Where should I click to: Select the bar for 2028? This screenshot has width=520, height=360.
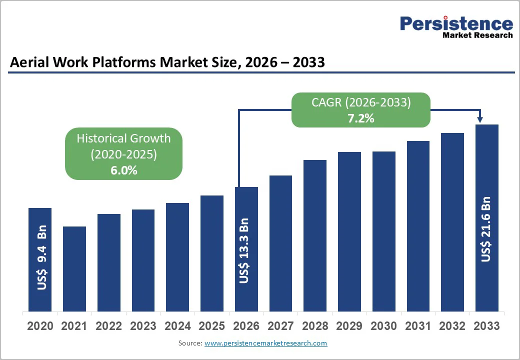(x=315, y=235)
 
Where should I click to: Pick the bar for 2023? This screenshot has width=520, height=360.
(x=143, y=260)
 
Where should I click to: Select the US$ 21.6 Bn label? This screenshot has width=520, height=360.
(x=486, y=230)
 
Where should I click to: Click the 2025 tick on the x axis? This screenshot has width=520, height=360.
(x=211, y=326)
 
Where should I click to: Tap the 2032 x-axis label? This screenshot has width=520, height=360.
(x=452, y=326)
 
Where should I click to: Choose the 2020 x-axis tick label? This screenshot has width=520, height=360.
(x=40, y=326)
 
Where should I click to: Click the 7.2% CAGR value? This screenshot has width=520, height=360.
(x=361, y=118)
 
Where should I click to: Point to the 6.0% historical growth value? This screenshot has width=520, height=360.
(x=123, y=170)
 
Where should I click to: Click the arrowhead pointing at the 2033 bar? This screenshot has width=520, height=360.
(x=480, y=119)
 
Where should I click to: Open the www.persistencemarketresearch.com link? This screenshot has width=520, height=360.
(x=265, y=343)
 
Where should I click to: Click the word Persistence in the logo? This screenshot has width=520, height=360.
(x=456, y=23)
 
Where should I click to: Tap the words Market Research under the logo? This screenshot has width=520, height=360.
(x=477, y=35)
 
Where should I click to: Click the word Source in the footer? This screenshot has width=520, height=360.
(x=189, y=343)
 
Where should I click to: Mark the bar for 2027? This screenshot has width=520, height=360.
(x=280, y=243)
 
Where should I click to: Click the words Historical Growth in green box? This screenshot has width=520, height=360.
(x=123, y=138)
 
